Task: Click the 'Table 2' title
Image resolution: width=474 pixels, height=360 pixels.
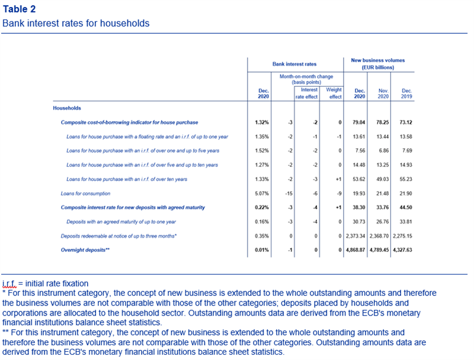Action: [x=19, y=9]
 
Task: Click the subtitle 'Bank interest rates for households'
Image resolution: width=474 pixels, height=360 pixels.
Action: [x=76, y=23]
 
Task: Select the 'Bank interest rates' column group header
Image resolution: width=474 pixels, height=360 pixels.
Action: [x=294, y=64]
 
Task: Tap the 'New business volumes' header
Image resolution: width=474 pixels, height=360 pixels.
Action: [x=378, y=60]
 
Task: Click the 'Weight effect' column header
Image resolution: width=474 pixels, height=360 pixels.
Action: [x=334, y=93]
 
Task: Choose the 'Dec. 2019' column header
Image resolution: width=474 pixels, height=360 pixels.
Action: [x=406, y=94]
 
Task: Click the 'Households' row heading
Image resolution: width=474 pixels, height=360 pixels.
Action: [x=67, y=108]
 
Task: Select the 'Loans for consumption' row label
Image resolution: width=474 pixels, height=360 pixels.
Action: [x=85, y=193]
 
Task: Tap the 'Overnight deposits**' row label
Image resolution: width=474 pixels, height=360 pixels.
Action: [x=85, y=250]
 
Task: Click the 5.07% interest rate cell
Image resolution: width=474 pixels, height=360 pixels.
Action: [x=262, y=193]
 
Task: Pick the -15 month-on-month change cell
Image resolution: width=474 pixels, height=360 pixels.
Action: [x=289, y=193]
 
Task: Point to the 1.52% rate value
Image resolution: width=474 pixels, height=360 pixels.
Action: [x=262, y=151]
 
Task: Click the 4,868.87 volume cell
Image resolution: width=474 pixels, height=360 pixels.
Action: [x=355, y=250]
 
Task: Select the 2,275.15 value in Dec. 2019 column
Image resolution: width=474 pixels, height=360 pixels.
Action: [x=402, y=236]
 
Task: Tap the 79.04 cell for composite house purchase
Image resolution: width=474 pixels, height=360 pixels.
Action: [x=359, y=122]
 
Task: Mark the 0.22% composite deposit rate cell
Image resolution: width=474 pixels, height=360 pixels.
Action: [x=262, y=208]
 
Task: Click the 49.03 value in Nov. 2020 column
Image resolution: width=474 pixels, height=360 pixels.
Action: [x=382, y=179]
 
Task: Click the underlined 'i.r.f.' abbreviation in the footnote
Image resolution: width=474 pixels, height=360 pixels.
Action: [x=9, y=283]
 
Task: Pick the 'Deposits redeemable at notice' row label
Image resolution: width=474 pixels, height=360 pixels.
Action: [x=118, y=236]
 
